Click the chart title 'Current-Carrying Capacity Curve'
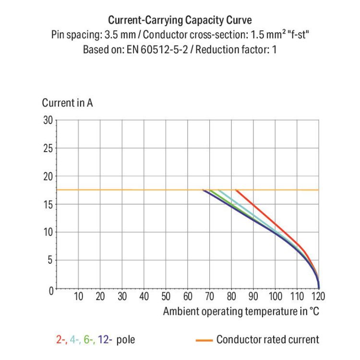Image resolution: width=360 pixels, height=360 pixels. (x=180, y=20)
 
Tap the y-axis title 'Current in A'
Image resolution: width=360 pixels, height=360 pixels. (x=67, y=103)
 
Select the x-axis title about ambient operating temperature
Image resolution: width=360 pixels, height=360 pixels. (x=241, y=311)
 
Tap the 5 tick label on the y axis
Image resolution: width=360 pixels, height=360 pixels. (x=49, y=260)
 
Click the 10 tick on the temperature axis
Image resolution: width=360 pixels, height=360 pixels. (x=78, y=296)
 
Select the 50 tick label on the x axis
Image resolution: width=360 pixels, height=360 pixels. (x=166, y=296)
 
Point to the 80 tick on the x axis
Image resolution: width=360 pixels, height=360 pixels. (x=232, y=296)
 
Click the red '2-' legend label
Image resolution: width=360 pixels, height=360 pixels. (x=61, y=340)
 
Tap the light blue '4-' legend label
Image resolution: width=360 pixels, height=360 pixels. (x=75, y=340)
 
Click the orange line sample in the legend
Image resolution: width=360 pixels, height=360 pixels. (x=204, y=340)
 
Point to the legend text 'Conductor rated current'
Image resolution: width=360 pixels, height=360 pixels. (x=267, y=340)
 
